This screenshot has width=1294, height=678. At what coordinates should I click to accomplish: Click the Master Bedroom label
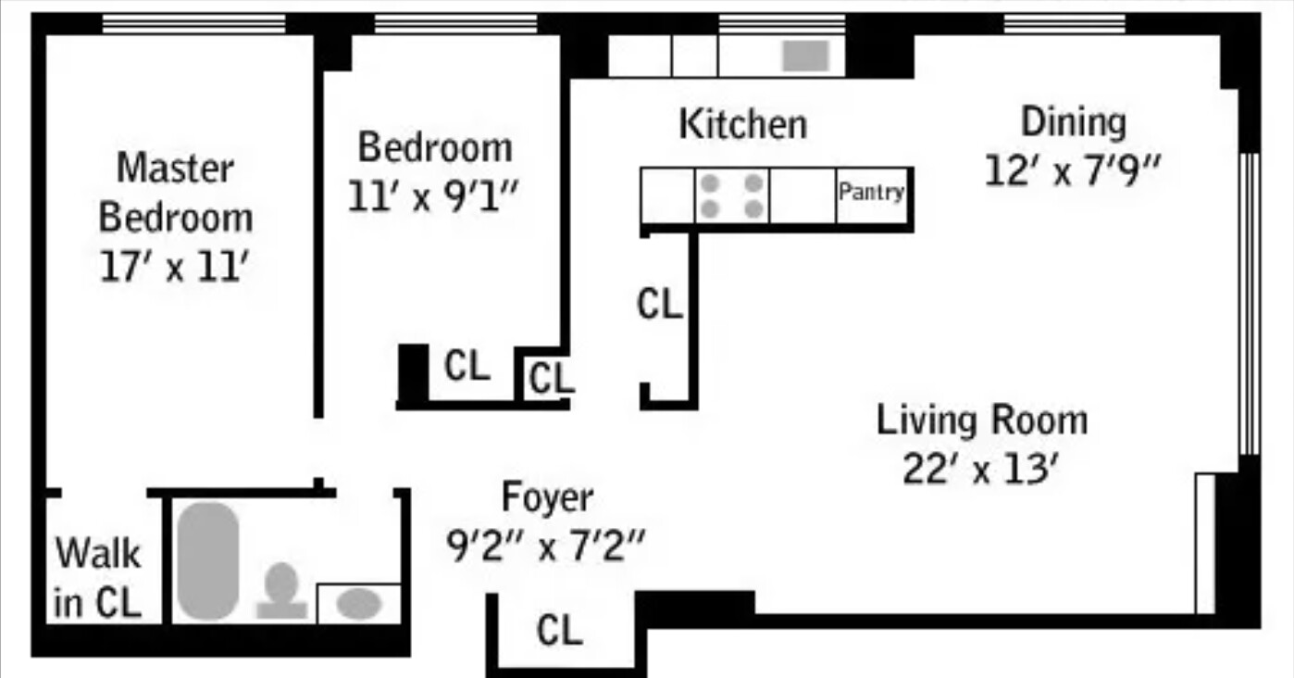(175, 194)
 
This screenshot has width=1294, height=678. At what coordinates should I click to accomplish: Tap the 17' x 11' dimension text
(175, 268)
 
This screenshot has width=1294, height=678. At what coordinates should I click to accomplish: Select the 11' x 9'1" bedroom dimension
(434, 196)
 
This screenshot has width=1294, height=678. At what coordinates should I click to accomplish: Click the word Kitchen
(742, 124)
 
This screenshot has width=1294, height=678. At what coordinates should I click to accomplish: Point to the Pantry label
(871, 193)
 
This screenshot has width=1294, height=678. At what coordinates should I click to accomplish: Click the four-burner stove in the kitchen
(732, 195)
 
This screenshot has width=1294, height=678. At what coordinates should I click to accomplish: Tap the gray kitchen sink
(805, 56)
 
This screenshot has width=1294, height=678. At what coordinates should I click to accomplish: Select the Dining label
(1073, 122)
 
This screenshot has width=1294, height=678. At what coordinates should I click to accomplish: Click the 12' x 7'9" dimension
(1073, 171)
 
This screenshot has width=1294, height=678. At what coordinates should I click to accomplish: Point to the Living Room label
(982, 421)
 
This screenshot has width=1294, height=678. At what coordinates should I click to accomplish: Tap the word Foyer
(546, 498)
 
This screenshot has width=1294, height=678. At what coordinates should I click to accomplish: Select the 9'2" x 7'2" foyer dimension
(544, 547)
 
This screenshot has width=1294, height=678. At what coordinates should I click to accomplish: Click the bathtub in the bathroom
(208, 560)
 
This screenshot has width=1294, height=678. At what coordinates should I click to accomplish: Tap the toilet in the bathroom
(281, 591)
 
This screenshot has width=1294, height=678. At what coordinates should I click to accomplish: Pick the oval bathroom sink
(358, 604)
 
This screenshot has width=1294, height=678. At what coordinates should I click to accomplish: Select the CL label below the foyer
(560, 632)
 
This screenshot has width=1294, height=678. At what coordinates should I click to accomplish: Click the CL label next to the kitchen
(660, 304)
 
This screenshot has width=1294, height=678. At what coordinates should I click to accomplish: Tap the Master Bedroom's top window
(193, 24)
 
